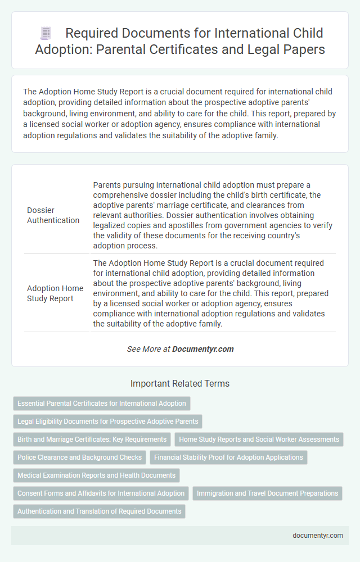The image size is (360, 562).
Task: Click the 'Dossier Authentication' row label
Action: (x=53, y=215)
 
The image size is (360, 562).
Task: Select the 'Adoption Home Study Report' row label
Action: (x=55, y=293)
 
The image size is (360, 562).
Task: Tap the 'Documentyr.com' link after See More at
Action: (x=202, y=349)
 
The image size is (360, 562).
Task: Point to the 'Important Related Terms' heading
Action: (x=180, y=384)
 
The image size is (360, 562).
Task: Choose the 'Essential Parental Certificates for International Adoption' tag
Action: (x=102, y=404)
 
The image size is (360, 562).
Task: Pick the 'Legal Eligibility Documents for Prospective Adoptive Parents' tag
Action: (x=107, y=422)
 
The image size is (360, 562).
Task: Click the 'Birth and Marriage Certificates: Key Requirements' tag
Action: (x=92, y=439)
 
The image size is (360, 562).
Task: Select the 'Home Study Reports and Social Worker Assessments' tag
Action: (x=259, y=439)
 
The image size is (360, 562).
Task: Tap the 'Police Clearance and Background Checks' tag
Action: (x=79, y=457)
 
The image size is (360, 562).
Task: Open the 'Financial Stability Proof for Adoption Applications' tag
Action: (x=228, y=457)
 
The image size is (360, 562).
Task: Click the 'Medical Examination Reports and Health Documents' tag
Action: (x=96, y=475)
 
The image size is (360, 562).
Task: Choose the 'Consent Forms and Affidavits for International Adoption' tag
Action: (x=101, y=493)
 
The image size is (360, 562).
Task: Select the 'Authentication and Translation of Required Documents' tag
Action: (x=100, y=511)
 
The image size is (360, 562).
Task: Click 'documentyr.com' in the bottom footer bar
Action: (x=318, y=536)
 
